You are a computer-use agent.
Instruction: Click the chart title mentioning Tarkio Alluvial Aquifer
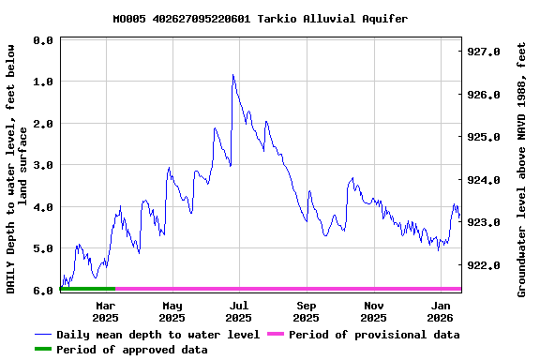point(260,19)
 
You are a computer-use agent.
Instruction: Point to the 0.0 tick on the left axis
point(42,40)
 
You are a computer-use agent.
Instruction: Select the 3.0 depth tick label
point(42,165)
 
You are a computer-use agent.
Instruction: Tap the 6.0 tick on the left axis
point(42,291)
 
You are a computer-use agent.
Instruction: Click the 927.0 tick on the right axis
point(484,52)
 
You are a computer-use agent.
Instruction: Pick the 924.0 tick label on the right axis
point(484,180)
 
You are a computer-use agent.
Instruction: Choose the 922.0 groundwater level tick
point(484,265)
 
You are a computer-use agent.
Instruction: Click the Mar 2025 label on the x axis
point(105,311)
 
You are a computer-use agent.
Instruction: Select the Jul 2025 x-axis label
point(239,311)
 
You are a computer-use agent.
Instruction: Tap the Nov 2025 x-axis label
point(374,311)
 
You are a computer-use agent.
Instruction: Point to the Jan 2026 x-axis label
point(441,311)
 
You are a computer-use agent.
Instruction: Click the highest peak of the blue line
point(232,75)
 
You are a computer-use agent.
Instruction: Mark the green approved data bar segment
point(87,289)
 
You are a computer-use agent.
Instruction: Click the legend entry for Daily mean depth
point(147,335)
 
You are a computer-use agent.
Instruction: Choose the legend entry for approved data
point(121,350)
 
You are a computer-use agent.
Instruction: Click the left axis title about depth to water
point(16,167)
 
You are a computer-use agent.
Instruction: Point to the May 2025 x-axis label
point(172,311)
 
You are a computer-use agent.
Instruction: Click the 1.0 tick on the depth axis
point(42,82)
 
